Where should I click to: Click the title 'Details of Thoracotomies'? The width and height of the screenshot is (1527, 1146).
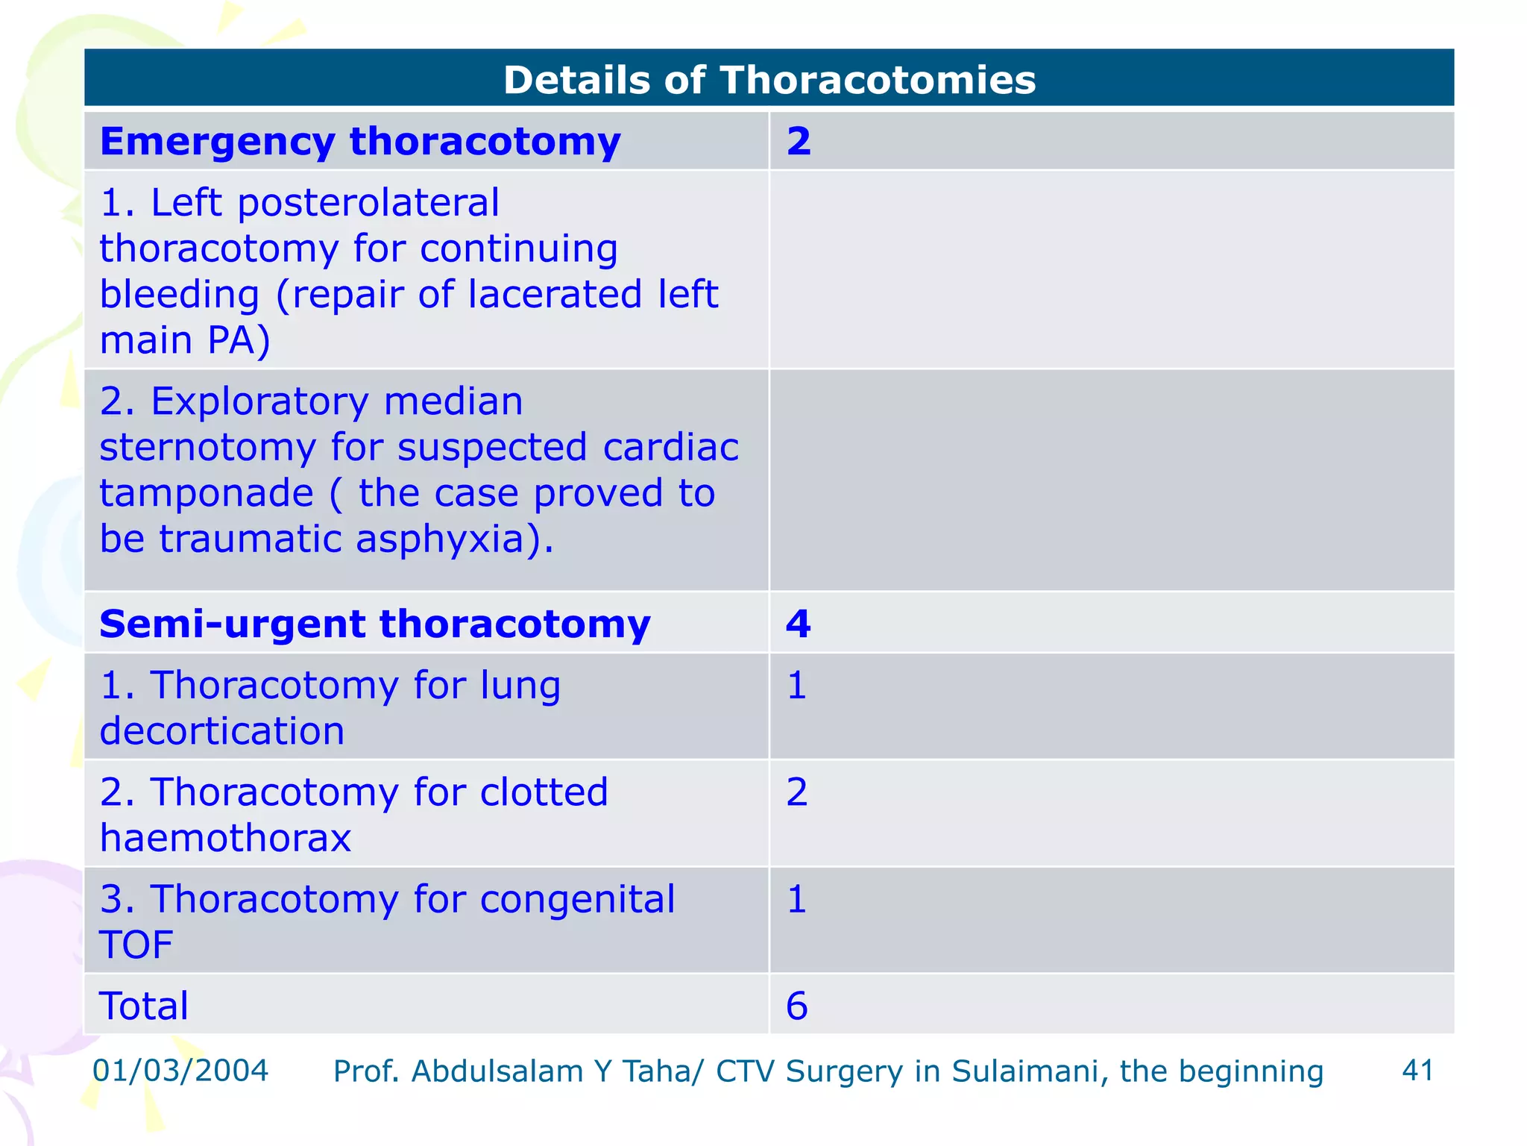click(769, 80)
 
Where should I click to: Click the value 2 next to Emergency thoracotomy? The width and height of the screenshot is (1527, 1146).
click(798, 141)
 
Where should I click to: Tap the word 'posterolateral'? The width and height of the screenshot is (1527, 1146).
click(368, 203)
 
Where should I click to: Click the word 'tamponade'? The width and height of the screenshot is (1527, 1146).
click(206, 494)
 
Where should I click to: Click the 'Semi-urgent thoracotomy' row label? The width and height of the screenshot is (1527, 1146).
click(374, 624)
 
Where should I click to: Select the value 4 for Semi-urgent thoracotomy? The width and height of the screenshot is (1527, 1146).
click(798, 624)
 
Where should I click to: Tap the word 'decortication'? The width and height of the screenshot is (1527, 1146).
click(221, 731)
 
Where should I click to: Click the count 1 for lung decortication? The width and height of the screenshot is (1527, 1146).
click(796, 685)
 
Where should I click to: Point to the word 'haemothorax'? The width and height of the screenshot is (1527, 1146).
click(224, 839)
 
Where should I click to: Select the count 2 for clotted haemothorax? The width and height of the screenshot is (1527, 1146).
click(796, 792)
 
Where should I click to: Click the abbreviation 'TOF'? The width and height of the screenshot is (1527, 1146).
click(136, 945)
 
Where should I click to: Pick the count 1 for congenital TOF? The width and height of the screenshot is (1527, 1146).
click(796, 899)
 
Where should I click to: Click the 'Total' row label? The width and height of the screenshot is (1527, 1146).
click(143, 1006)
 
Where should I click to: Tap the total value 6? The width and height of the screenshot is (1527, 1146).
click(796, 1006)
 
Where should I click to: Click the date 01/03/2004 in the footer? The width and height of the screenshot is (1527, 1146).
click(180, 1071)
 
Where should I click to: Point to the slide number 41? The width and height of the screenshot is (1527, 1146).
click(1417, 1071)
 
